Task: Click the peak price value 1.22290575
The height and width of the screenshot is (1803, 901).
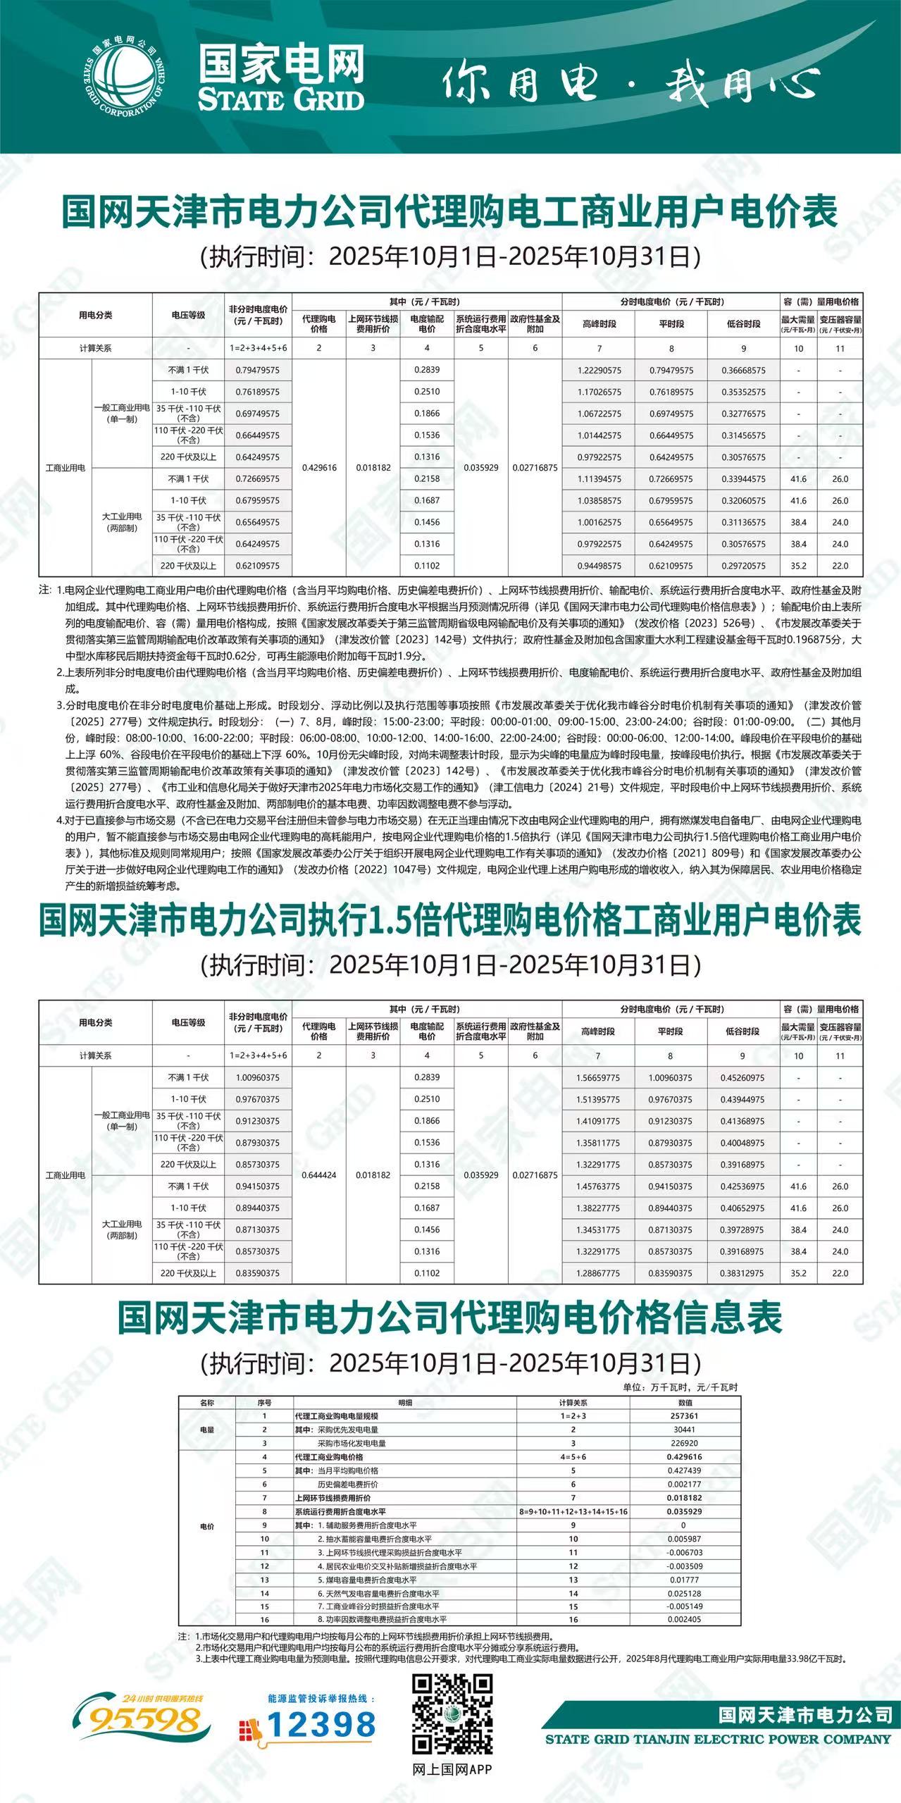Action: click(599, 370)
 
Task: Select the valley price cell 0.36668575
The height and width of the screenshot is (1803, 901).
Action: click(742, 370)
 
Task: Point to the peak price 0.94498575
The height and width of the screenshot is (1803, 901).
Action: click(599, 566)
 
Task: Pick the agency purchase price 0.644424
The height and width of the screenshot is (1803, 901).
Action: click(318, 1175)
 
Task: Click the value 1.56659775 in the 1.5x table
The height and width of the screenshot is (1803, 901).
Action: click(597, 1078)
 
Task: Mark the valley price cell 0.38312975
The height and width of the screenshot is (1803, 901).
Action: click(742, 1273)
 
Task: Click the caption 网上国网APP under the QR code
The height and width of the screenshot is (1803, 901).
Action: click(452, 1769)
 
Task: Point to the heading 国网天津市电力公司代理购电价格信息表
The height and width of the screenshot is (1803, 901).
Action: click(450, 1317)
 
